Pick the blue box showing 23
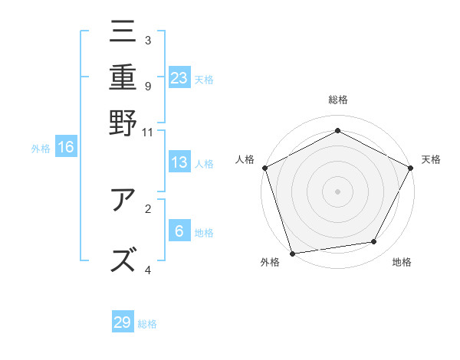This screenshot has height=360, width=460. click(x=179, y=78)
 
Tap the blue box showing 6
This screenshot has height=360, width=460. click(x=179, y=232)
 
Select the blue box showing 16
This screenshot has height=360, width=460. click(x=66, y=148)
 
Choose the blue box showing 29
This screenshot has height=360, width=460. click(x=123, y=322)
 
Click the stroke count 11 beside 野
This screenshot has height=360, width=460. click(x=148, y=132)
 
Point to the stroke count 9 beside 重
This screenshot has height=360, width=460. click(x=148, y=86)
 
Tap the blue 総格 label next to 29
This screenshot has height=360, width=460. click(x=147, y=324)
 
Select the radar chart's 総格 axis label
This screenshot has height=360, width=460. click(x=337, y=100)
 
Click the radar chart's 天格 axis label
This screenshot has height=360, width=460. click(x=431, y=159)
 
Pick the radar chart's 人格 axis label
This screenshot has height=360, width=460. click(x=245, y=159)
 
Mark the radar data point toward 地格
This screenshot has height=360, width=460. click(x=374, y=242)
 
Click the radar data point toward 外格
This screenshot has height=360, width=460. click(x=292, y=253)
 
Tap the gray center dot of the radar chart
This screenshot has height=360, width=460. click(x=337, y=191)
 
